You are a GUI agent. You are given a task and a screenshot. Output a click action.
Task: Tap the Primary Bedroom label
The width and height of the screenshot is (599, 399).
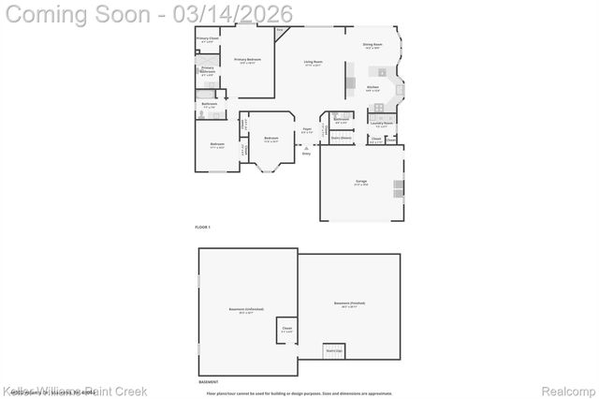(x=247, y=59)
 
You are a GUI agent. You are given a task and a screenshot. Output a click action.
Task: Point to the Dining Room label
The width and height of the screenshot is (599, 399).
(x=373, y=44)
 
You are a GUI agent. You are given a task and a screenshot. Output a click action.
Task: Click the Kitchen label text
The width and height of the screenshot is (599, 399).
(x=373, y=87)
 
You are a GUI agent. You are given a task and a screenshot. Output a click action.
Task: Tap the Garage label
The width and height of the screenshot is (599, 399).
(x=360, y=183)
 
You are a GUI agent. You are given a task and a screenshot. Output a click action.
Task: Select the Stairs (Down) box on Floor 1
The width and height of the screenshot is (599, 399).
(x=341, y=138)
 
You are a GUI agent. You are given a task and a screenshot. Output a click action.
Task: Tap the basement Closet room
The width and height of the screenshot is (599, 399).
(x=286, y=329)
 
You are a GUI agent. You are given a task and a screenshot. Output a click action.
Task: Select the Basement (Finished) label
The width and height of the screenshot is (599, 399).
(x=349, y=303)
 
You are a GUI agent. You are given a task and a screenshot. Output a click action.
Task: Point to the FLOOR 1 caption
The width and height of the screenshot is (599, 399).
(x=203, y=228)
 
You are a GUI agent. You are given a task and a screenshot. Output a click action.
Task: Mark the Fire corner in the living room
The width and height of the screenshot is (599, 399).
(x=280, y=30)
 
